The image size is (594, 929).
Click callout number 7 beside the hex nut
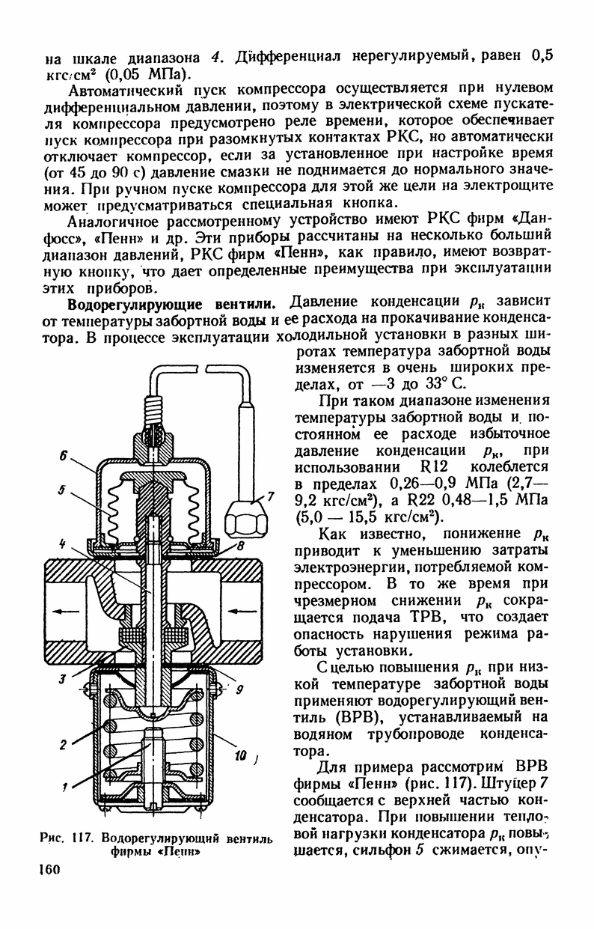272,496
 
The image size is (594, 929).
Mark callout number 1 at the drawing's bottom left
65,787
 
